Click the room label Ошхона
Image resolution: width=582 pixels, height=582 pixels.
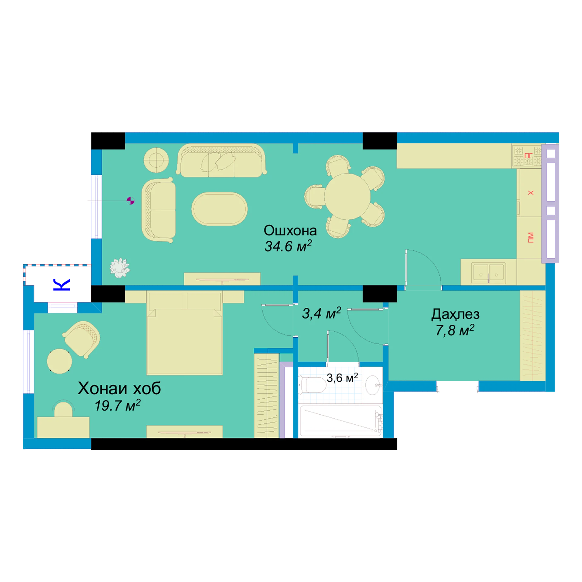pos(290,231)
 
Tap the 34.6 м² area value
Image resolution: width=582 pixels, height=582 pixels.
pos(288,246)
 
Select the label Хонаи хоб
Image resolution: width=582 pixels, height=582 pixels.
pos(119,388)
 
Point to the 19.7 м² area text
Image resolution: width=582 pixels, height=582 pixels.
pos(117,406)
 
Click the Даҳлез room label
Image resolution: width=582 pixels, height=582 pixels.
pos(455,315)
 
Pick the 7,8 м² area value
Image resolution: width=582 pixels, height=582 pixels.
pos(455,330)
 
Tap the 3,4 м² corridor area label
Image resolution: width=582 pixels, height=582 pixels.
pos(321,313)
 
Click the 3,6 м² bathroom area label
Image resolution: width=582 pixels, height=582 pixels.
pos(342,378)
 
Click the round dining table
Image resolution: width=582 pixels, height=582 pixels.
pos(347,197)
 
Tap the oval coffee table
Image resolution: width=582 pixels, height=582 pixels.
pos(219,209)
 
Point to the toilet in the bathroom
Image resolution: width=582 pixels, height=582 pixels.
pos(312,385)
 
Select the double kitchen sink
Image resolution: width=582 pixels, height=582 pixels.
pos(488,273)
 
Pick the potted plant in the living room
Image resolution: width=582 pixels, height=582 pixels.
pos(120,268)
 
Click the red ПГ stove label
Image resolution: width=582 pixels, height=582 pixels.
pos(528,156)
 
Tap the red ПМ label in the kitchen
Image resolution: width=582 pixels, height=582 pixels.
pos(530,238)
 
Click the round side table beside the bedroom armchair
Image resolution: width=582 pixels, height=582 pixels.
pos(59,361)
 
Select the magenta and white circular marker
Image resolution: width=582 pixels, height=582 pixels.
pos(130,201)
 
